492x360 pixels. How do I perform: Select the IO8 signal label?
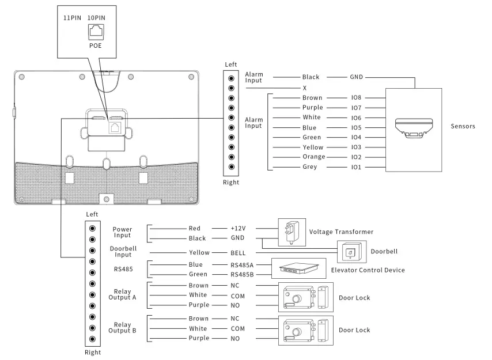click(355, 98)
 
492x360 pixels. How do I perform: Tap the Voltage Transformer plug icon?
click(290, 231)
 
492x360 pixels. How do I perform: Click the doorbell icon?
click(350, 252)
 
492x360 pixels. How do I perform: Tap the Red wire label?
click(195, 228)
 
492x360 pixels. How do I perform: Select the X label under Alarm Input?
click(304, 88)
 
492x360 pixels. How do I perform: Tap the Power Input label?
click(123, 232)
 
